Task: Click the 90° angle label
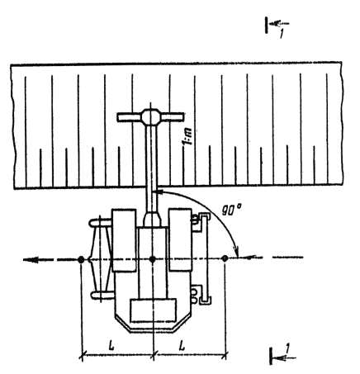pyautogui.click(x=231, y=211)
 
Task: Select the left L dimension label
pyautogui.click(x=111, y=346)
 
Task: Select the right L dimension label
pyautogui.click(x=182, y=346)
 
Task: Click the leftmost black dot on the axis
pyautogui.click(x=81, y=259)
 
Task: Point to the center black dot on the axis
pyautogui.click(x=153, y=259)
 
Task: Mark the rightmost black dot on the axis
pyautogui.click(x=225, y=258)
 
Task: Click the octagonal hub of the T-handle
pyautogui.click(x=150, y=116)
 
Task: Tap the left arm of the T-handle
pyautogui.click(x=130, y=117)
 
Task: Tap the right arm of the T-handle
pyautogui.click(x=172, y=116)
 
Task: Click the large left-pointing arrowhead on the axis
pyautogui.click(x=31, y=259)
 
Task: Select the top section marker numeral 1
pyautogui.click(x=281, y=34)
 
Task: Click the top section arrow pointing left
pyautogui.click(x=279, y=23)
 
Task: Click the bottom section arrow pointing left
pyautogui.click(x=284, y=358)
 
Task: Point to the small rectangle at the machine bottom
pyautogui.click(x=154, y=310)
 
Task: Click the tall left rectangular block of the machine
pyautogui.click(x=124, y=240)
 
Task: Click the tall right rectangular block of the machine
pyautogui.click(x=180, y=239)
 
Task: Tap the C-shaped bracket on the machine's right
pyautogui.click(x=205, y=258)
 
